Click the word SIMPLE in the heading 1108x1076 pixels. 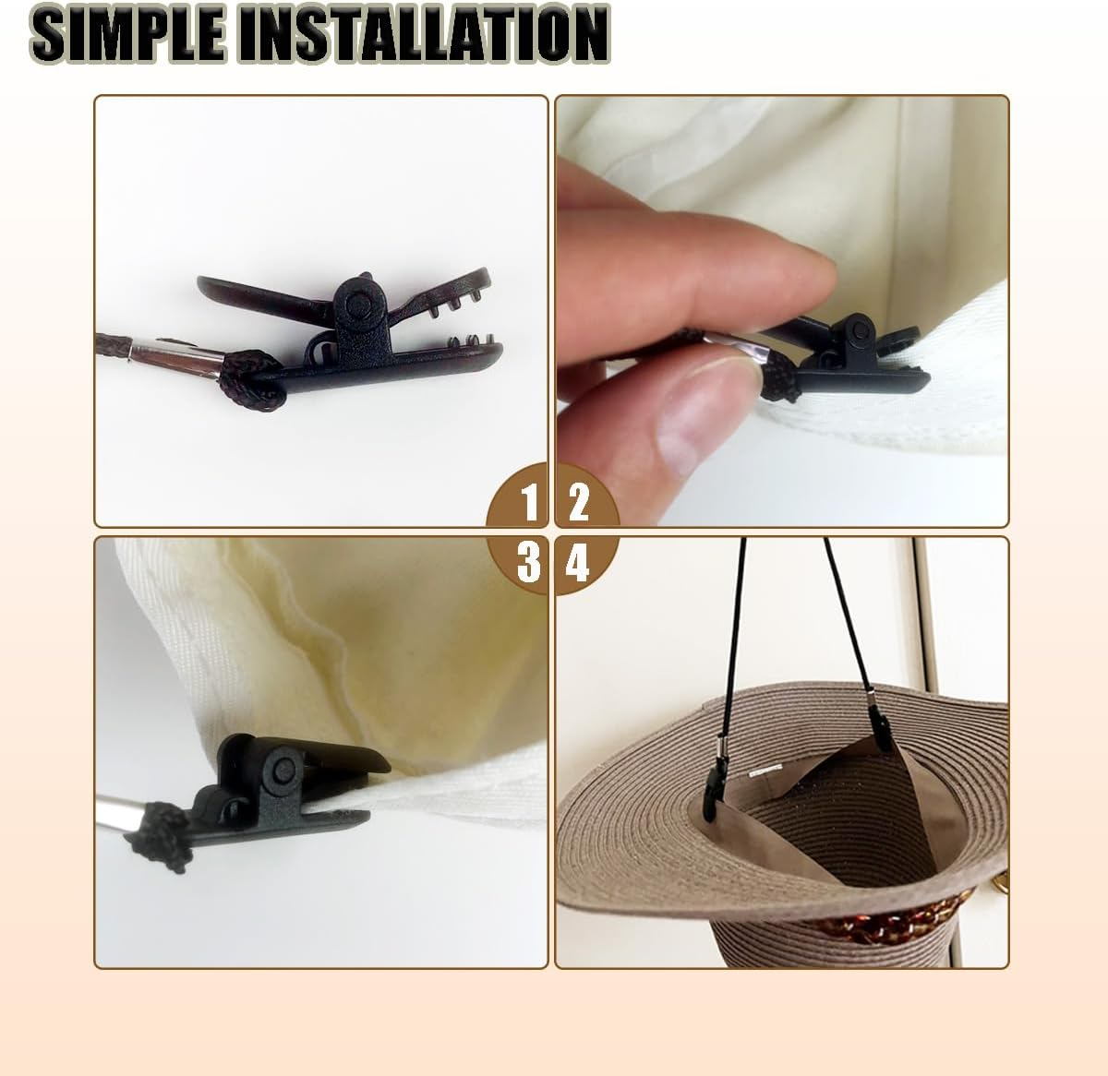click(x=126, y=33)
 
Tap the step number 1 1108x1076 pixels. click(x=529, y=503)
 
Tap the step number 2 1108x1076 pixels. click(x=578, y=502)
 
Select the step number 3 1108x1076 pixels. click(x=528, y=562)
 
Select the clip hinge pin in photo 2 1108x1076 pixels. click(x=859, y=330)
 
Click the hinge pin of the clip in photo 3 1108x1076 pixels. click(x=283, y=771)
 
